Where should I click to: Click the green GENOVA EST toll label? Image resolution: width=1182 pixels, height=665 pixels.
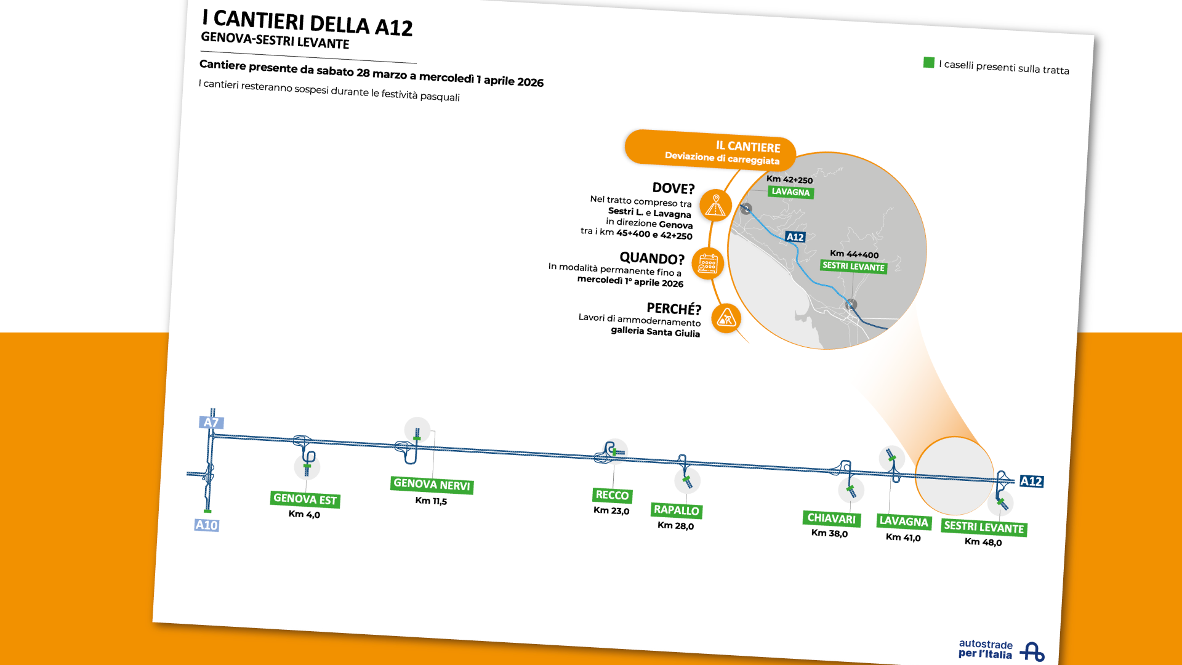click(305, 499)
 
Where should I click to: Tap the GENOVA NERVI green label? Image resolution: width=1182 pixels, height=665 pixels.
click(432, 485)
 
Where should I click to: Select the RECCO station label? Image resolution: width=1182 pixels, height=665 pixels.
click(613, 495)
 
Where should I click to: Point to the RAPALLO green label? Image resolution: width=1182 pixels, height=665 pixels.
click(677, 510)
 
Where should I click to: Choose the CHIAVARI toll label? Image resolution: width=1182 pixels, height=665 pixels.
click(831, 518)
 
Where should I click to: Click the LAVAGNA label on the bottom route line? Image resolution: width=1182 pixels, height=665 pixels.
click(903, 522)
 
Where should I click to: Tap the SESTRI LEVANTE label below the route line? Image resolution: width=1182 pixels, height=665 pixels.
click(984, 527)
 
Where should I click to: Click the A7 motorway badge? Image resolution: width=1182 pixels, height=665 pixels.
click(211, 422)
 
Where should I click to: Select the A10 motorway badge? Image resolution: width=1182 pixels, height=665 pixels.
click(206, 525)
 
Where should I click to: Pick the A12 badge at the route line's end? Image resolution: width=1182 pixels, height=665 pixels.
click(1031, 481)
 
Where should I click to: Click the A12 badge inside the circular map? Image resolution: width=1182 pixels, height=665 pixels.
click(795, 237)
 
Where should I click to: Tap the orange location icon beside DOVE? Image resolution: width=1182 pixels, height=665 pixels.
click(715, 205)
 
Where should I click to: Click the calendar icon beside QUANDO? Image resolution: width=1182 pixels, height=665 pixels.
click(708, 264)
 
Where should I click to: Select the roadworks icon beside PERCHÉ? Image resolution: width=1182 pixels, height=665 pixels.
click(726, 318)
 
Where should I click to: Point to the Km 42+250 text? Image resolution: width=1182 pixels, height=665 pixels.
click(789, 179)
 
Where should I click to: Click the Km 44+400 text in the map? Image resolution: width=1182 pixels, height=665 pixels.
click(854, 254)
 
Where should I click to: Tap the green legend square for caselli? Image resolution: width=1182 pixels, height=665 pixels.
click(929, 62)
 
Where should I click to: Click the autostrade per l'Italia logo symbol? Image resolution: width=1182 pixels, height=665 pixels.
click(1032, 651)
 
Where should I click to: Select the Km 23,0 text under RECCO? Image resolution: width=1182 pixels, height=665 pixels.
click(611, 510)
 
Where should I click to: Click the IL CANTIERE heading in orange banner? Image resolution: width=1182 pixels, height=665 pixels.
click(748, 147)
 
